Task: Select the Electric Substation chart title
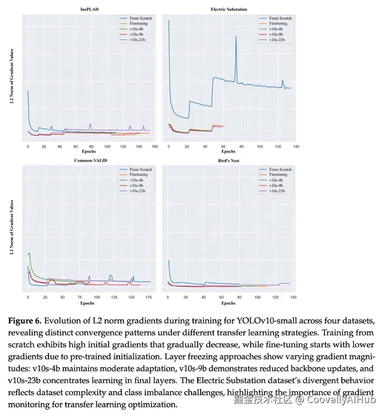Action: (x=229, y=9)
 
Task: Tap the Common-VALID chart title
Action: (x=91, y=160)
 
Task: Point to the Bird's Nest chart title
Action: (x=229, y=160)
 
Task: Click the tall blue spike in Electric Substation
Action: (x=236, y=37)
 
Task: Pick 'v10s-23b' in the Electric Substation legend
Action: (x=276, y=40)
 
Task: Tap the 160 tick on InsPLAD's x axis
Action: (x=155, y=147)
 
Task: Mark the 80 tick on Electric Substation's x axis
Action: (x=241, y=147)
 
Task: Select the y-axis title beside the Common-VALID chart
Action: (x=12, y=229)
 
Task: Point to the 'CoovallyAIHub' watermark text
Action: (x=341, y=400)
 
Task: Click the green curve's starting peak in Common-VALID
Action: (x=29, y=254)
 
